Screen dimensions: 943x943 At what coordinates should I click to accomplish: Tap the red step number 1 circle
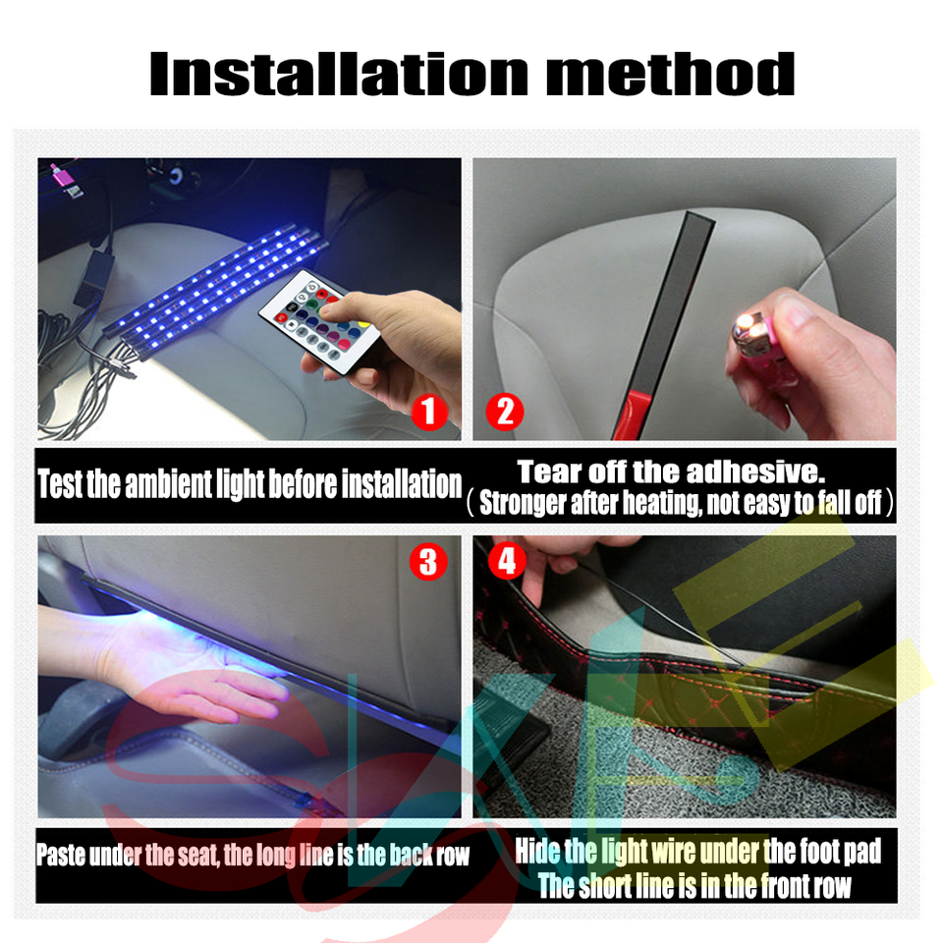[428, 411]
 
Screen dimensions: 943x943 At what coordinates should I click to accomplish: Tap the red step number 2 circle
[505, 411]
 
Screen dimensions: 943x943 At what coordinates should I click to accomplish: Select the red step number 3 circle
[428, 562]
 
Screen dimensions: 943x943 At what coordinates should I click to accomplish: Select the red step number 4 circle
[506, 562]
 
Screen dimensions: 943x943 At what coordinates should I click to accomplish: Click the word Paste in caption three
[61, 854]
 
